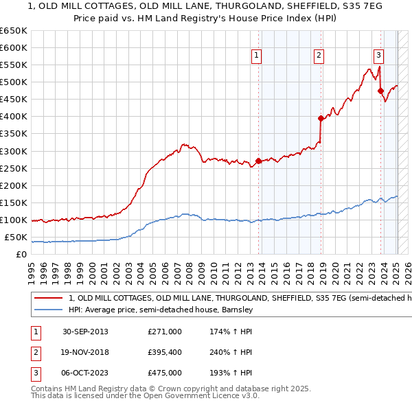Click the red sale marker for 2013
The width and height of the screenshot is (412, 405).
pos(259,161)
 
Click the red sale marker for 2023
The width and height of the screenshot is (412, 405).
pos(380,91)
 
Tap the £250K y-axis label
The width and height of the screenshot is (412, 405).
pos(14,168)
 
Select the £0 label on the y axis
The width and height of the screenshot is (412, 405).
pos(21,255)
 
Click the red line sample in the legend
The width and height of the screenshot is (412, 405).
pos(48,299)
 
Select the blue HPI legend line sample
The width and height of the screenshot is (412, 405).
pos(48,310)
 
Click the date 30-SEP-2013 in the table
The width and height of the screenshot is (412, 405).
pos(85,332)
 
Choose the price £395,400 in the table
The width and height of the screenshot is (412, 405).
pos(165,352)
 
